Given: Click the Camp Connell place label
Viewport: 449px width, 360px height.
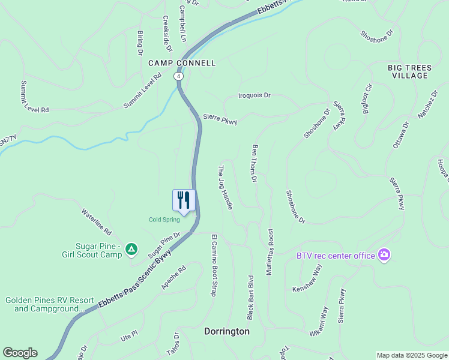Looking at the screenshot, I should [181, 62].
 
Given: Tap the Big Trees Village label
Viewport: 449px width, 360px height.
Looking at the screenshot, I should [408, 71].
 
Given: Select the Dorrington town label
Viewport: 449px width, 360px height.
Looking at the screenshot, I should [227, 331].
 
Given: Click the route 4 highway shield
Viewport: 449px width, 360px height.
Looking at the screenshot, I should [178, 76].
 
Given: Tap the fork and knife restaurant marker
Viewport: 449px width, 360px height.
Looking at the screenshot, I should [184, 200].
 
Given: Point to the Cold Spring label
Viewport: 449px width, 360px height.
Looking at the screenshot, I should [164, 220].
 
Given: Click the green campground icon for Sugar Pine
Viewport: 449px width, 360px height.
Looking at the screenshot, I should [131, 248].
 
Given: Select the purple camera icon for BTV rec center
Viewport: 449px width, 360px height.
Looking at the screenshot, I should [384, 255].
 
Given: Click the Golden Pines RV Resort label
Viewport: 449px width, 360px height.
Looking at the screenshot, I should [50, 304].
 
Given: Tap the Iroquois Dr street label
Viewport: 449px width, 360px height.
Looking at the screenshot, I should [255, 95].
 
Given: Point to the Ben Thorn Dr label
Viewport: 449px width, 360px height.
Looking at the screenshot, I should [255, 163].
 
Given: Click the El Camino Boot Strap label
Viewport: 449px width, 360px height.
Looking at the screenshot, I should [213, 265].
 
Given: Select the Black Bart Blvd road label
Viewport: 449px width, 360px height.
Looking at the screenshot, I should [251, 296].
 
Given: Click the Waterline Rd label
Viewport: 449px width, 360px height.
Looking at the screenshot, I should [97, 221].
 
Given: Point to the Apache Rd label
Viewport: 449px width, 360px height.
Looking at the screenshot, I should [173, 278].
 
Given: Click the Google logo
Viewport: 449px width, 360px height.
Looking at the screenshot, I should [20, 353].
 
